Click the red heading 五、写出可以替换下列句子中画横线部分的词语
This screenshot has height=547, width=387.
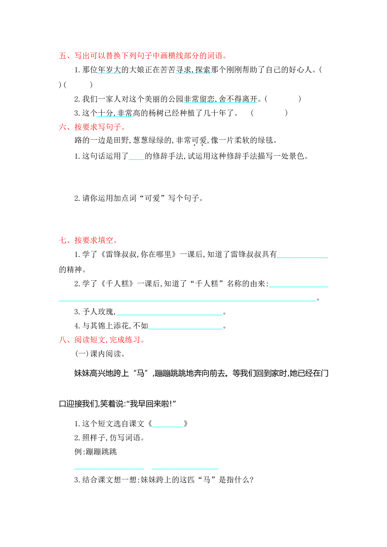point(143,56)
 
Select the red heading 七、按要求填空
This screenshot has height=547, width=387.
point(88,240)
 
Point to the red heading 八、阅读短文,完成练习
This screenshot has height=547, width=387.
point(102,340)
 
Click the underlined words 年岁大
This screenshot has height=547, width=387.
point(109,70)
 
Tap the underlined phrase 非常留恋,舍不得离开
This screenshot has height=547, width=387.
point(220,99)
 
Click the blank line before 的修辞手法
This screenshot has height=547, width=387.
point(137,159)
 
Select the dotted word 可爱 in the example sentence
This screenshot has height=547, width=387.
point(199,140)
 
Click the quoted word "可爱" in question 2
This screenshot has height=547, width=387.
point(152,198)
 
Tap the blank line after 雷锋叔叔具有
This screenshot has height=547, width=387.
point(302,258)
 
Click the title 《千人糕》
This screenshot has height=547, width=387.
point(117,283)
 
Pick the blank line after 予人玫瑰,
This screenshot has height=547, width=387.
point(170,315)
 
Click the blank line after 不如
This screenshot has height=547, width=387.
point(185,329)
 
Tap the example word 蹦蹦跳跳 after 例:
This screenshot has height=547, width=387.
point(101,452)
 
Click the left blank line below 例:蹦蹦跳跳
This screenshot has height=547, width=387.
point(109,469)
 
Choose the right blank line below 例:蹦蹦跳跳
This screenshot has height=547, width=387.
point(185,469)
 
